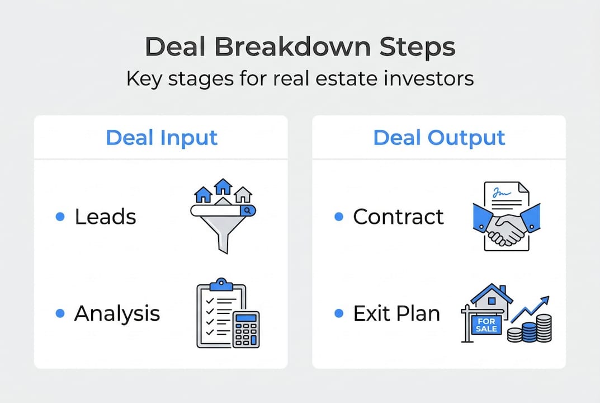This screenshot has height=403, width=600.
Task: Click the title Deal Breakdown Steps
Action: [x=300, y=48]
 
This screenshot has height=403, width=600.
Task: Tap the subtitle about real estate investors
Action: [x=300, y=78]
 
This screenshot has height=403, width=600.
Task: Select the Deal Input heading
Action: [x=162, y=138]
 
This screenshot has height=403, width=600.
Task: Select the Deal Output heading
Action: [x=439, y=138]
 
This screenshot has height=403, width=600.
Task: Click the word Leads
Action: [x=105, y=217]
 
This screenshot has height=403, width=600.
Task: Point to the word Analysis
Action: [x=117, y=314]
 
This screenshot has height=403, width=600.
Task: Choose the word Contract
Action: [x=398, y=217]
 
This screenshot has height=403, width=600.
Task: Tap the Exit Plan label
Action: [x=396, y=314]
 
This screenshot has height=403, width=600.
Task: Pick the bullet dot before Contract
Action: [x=338, y=217]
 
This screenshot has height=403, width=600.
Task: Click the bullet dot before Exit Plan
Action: [x=338, y=314]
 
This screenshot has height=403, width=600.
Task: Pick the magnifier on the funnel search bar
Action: [x=247, y=210]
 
